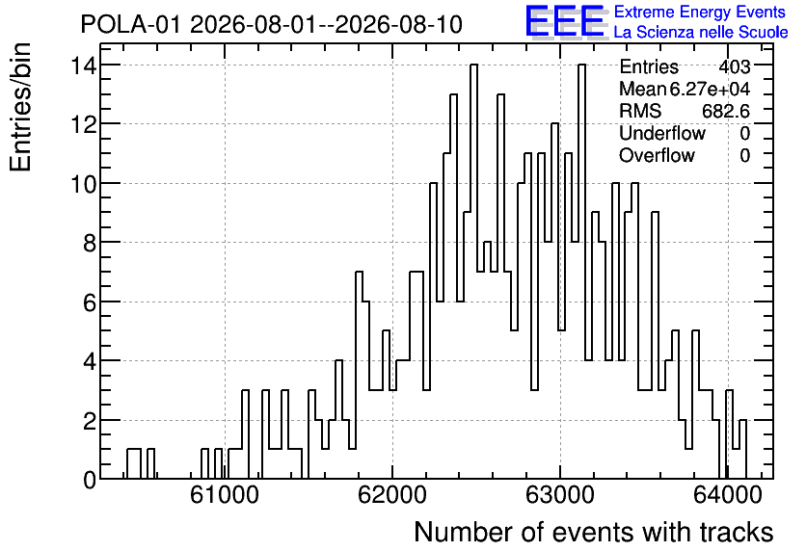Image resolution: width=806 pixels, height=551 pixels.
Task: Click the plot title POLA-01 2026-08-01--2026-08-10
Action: click(272, 24)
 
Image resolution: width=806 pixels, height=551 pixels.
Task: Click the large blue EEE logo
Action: click(565, 22)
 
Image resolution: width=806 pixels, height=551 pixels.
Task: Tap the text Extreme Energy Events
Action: click(700, 12)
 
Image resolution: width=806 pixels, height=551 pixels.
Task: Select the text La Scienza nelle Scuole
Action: click(701, 32)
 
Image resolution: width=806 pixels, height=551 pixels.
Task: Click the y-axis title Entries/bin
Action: click(20, 108)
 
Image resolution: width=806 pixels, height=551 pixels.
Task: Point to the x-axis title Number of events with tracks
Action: click(594, 532)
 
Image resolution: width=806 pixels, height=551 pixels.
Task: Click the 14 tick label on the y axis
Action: click(84, 66)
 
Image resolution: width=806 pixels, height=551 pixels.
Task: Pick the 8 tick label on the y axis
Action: click(90, 243)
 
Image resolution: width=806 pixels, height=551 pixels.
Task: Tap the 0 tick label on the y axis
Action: click(90, 480)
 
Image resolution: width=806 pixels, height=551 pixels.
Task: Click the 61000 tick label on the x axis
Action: click(225, 495)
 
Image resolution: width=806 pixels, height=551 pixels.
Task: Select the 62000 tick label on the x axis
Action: click(392, 495)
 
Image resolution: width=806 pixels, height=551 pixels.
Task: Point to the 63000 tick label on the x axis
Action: click(560, 495)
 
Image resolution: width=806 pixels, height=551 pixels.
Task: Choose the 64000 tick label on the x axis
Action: click(727, 495)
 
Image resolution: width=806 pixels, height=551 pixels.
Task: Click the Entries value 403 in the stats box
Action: click(735, 66)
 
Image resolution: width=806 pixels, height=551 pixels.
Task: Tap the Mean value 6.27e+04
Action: click(710, 89)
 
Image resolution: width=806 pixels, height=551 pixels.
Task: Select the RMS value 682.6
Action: click(726, 111)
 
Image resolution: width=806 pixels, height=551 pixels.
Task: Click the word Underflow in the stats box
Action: click(662, 133)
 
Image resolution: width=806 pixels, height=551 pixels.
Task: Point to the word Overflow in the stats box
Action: click(657, 155)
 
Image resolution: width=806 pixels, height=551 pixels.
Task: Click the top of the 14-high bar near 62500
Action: click(474, 65)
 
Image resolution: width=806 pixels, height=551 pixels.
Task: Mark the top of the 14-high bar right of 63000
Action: click(581, 65)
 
